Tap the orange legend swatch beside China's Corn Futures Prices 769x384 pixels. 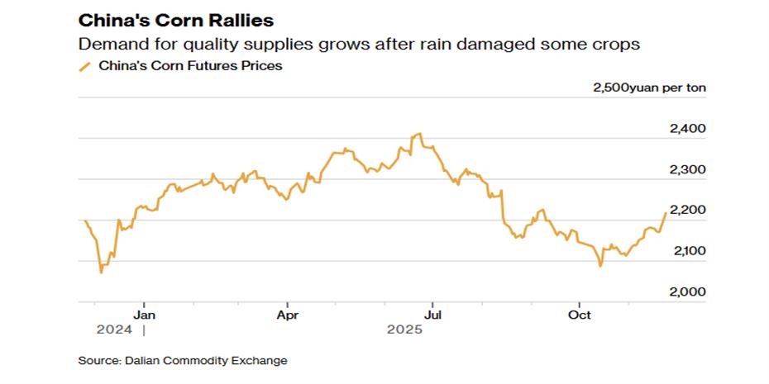tap(84, 67)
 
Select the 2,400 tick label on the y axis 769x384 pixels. tap(685, 129)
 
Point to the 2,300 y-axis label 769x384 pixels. tap(685, 170)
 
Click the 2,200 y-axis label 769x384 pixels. tap(685, 211)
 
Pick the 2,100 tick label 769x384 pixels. tap(685, 251)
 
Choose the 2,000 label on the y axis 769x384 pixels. tap(685, 292)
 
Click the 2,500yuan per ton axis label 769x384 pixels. tap(649, 88)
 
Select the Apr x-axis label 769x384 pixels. tap(288, 315)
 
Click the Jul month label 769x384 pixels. tap(432, 315)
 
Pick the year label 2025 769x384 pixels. tap(405, 330)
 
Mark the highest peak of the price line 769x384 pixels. tap(420, 134)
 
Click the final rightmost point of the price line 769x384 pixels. tap(666, 213)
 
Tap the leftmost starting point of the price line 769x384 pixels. tap(85, 220)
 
